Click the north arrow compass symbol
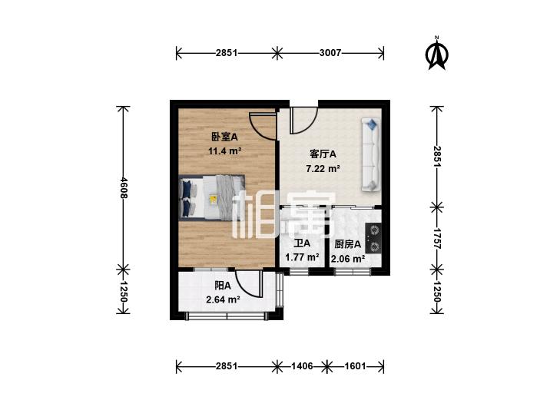tap(437, 54)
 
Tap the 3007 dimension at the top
tap(330, 53)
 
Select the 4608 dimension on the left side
tap(124, 187)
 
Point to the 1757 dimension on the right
tap(437, 238)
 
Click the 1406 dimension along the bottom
tap(302, 366)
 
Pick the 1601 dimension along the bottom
tap(356, 366)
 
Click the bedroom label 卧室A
tap(224, 137)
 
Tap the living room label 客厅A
tap(323, 154)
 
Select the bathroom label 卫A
tap(302, 243)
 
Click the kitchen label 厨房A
tap(347, 244)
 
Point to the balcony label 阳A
tap(223, 286)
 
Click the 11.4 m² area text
tap(224, 151)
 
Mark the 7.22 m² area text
tap(323, 168)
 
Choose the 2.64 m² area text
tap(223, 299)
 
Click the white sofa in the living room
tap(371, 155)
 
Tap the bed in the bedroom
tap(211, 197)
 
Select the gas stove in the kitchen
tap(373, 238)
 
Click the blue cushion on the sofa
tap(372, 124)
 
